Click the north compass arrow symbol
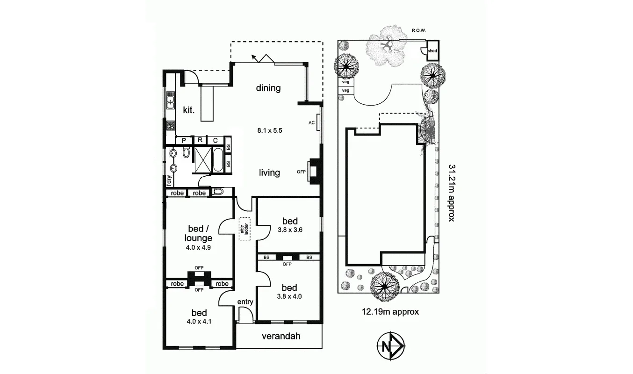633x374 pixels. coord(390,346)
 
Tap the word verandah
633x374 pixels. coord(281,336)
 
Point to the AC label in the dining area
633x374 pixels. coord(311,123)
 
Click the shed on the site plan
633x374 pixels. coord(432,50)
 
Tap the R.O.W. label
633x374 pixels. coord(418,31)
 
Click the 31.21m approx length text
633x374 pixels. coord(451,192)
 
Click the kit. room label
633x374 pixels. coord(189,110)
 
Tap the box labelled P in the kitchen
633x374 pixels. coord(184,140)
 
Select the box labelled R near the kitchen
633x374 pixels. coord(200,140)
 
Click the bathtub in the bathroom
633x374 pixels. coord(218,160)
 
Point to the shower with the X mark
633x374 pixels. coord(203,160)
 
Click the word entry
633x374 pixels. coord(245,302)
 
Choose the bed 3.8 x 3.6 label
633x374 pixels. coord(289,225)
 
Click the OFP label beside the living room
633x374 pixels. coord(301,172)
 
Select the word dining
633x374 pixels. coord(268,88)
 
